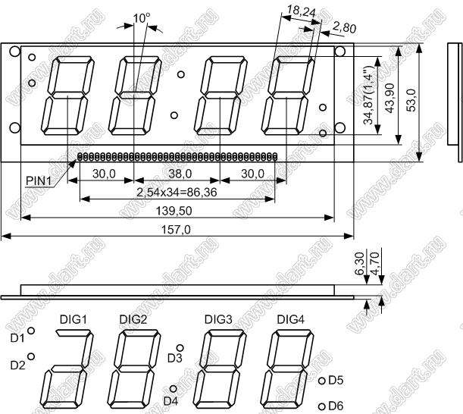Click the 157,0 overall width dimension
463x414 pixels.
click(176, 230)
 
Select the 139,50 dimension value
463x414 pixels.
click(178, 211)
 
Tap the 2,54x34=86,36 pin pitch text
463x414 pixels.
click(177, 193)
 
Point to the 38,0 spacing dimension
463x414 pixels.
click(180, 174)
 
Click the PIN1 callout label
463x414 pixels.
click(39, 180)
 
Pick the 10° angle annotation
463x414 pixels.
click(142, 18)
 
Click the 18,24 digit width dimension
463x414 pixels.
click(301, 11)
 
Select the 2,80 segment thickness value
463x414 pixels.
click(344, 28)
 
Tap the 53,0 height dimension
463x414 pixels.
click(411, 101)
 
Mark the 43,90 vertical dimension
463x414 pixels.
click(391, 98)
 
